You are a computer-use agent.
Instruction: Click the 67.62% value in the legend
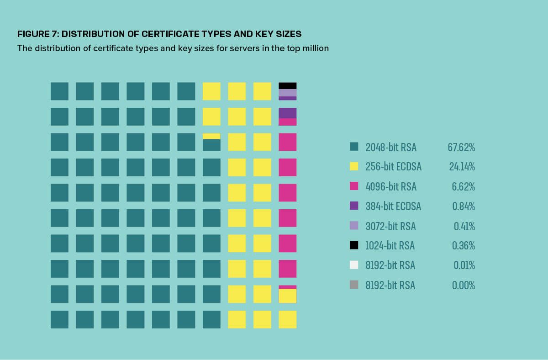click(461, 147)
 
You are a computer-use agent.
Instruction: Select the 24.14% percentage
click(462, 167)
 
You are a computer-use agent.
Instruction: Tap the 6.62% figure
click(464, 186)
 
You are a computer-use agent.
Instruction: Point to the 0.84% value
click(464, 206)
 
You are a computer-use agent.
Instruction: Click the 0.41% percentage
click(464, 226)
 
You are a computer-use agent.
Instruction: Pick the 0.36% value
click(464, 245)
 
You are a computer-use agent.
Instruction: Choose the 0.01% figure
click(464, 265)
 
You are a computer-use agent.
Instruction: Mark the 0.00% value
click(464, 285)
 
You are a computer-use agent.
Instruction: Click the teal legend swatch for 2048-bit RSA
click(354, 147)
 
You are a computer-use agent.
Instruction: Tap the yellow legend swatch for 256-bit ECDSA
click(354, 166)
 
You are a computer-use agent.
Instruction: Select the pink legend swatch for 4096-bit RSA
click(354, 186)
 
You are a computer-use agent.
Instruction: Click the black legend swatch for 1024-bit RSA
click(354, 245)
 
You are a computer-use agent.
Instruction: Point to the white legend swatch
click(354, 265)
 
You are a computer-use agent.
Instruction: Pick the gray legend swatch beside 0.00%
click(354, 285)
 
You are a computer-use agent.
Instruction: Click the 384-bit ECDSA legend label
click(393, 206)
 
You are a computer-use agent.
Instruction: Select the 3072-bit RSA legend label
click(390, 226)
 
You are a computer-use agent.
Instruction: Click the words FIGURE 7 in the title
click(37, 34)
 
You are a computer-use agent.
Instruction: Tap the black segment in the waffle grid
click(288, 85)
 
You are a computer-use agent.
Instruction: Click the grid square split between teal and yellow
click(211, 142)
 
